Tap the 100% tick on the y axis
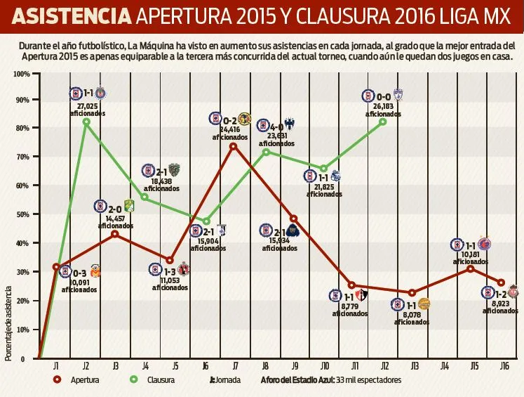pyautogui.click(x=21, y=74)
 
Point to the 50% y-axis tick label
pyautogui.click(x=22, y=214)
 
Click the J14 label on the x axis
pyautogui.click(x=444, y=366)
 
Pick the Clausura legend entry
pyautogui.click(x=159, y=380)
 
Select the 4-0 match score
pyautogui.click(x=275, y=127)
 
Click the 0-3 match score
pyautogui.click(x=79, y=273)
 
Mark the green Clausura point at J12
pyautogui.click(x=383, y=122)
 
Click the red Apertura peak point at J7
pyautogui.click(x=233, y=145)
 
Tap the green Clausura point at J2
pyautogui.click(x=86, y=122)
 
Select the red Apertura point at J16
pyautogui.click(x=501, y=282)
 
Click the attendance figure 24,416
pyautogui.click(x=230, y=130)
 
